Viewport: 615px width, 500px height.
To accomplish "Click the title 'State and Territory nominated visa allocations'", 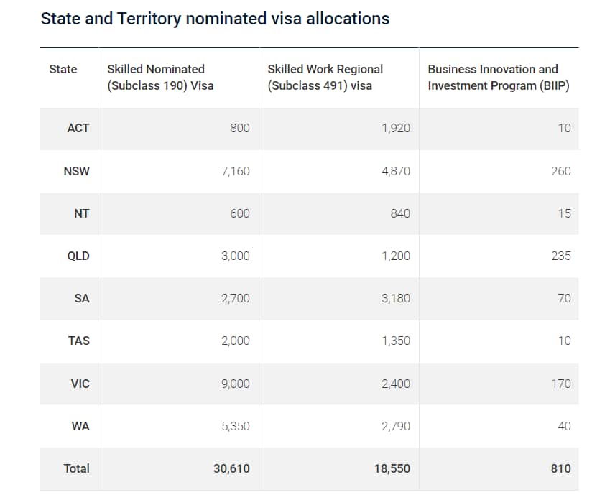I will click(x=215, y=19).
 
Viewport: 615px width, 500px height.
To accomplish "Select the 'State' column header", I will click(x=63, y=69).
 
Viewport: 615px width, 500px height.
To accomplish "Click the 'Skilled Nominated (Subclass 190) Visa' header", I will click(x=160, y=78).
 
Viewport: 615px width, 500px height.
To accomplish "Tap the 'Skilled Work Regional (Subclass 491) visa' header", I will click(x=325, y=78).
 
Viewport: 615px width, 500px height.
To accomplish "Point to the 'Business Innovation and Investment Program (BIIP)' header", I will click(x=493, y=78).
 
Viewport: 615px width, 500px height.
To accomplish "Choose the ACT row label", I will click(x=78, y=128).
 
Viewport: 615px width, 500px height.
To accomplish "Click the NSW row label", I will click(x=77, y=171).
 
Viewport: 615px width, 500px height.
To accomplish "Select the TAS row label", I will click(x=78, y=341).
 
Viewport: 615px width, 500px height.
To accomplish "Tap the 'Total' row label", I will click(x=77, y=468).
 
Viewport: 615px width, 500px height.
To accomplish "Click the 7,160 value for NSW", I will click(x=236, y=171).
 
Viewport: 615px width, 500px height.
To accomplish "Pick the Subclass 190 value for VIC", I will click(x=236, y=384).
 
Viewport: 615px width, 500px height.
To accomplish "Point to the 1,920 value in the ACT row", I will click(x=396, y=128).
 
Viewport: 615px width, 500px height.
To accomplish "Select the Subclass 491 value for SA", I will click(x=396, y=298).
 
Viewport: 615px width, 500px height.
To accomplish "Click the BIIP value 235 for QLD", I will click(x=560, y=256).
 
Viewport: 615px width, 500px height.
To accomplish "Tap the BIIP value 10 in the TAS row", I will click(x=564, y=341).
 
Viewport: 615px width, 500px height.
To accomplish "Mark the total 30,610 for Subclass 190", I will click(x=231, y=468).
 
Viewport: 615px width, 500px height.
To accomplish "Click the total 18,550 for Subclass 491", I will click(x=392, y=468).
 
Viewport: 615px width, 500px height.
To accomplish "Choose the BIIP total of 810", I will click(x=560, y=468).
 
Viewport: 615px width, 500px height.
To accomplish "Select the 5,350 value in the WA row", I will click(x=236, y=426).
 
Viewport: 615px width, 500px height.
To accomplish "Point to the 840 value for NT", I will click(x=400, y=213).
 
